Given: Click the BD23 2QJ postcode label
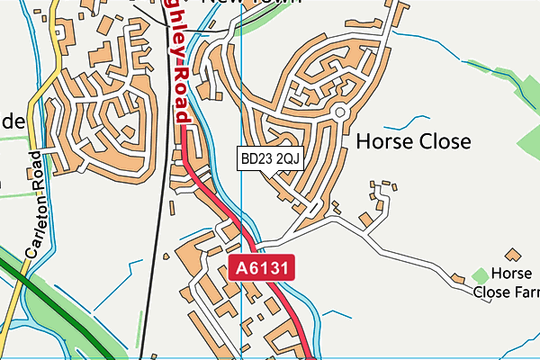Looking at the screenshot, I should click(268, 159).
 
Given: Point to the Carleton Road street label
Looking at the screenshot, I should click(34, 207).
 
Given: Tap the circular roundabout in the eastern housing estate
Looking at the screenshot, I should click(340, 112).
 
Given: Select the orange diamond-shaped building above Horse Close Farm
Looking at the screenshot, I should click(514, 256).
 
